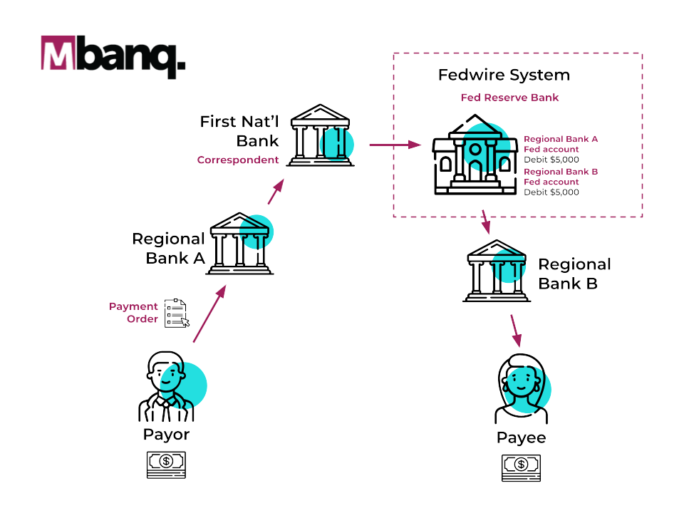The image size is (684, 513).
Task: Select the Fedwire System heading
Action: (x=504, y=75)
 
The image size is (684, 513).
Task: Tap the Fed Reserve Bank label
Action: (x=509, y=98)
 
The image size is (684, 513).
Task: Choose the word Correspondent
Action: (x=238, y=160)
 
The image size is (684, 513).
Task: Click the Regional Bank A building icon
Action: (x=239, y=243)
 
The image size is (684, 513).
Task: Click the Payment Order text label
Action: (x=134, y=313)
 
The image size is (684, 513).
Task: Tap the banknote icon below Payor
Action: (x=166, y=465)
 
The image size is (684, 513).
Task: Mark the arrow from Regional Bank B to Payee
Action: (x=514, y=330)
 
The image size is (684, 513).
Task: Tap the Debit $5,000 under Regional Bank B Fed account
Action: (x=551, y=192)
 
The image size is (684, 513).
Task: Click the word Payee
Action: (x=522, y=437)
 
